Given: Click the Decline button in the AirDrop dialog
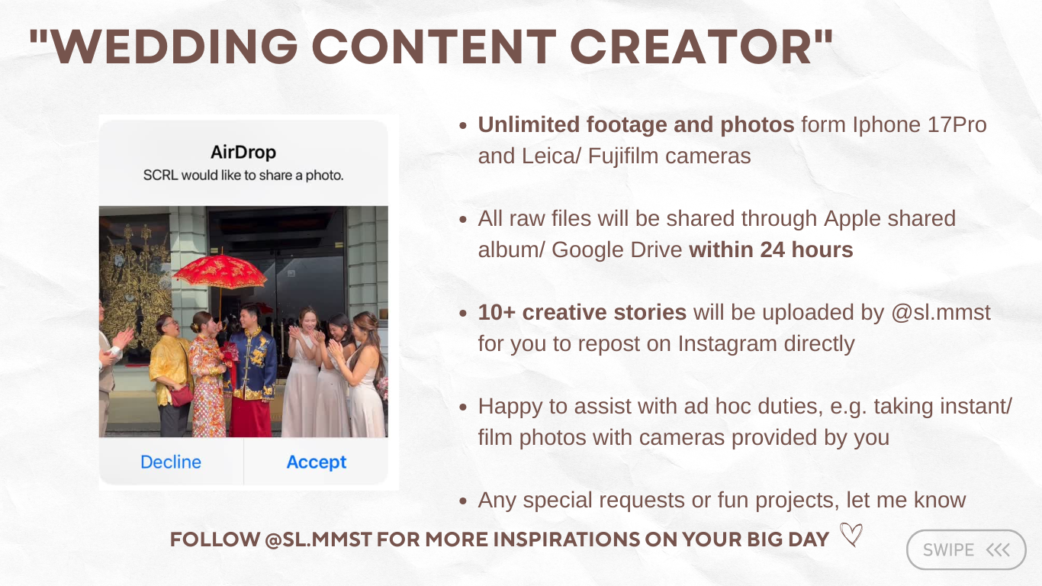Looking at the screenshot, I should click(x=171, y=462).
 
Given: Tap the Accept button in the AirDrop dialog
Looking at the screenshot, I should click(x=316, y=462).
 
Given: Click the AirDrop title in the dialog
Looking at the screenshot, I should click(x=243, y=152).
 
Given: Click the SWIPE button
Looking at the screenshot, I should click(x=966, y=550).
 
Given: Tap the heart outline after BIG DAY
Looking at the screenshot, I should click(x=851, y=536).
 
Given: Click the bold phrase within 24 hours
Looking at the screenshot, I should click(x=770, y=250).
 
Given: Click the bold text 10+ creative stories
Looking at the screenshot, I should click(x=582, y=312).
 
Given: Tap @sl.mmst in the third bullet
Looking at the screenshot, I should click(x=941, y=312).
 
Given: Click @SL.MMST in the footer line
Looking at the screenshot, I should click(x=317, y=539).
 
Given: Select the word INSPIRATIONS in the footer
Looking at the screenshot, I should click(x=564, y=539).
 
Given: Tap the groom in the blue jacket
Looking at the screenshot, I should click(x=252, y=366).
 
